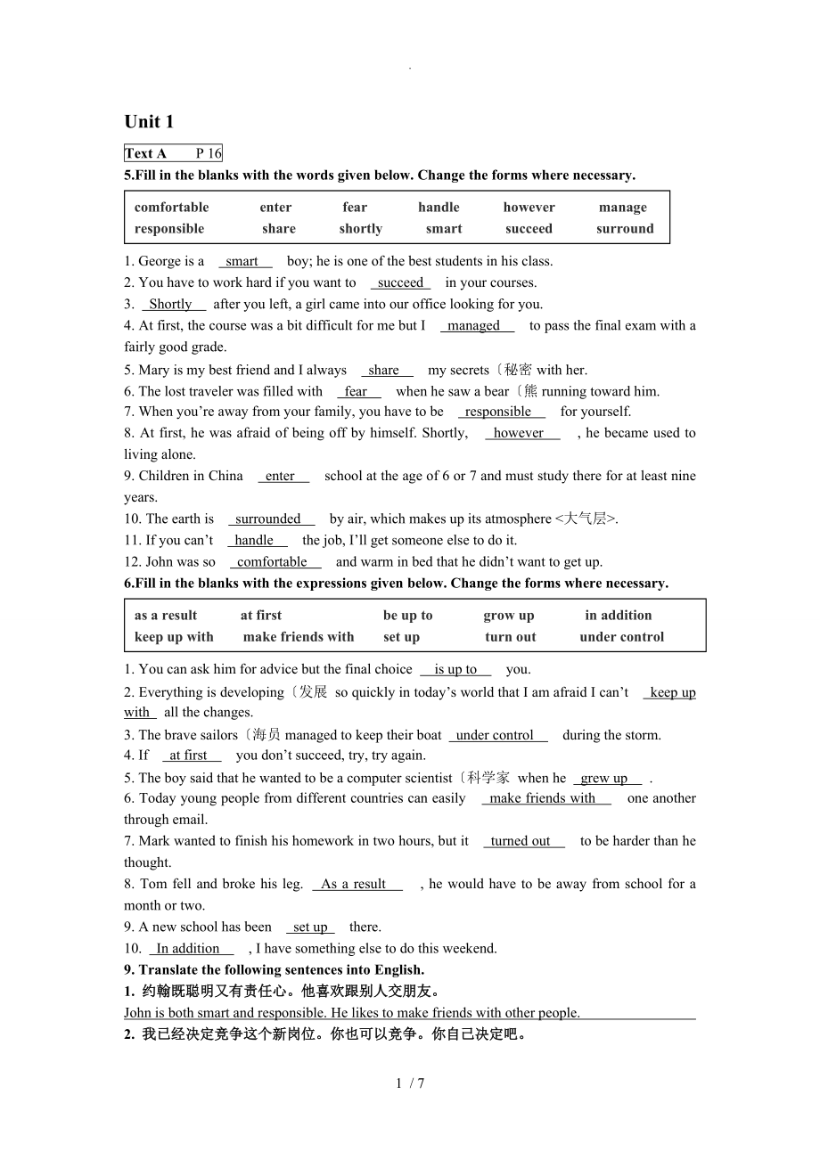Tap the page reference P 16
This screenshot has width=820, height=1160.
208,153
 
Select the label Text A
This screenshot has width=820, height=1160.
145,153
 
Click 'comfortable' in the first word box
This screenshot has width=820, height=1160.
171,208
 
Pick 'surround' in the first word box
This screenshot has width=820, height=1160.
625,229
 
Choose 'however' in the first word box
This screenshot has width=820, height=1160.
529,208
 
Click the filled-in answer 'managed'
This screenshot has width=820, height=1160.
474,326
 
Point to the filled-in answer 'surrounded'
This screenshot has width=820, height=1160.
268,519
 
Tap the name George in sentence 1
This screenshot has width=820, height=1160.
160,261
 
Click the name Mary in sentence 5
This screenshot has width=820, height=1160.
152,370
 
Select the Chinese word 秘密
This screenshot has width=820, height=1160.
518,370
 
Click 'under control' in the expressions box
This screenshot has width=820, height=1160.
621,637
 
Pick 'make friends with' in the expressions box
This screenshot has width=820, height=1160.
299,637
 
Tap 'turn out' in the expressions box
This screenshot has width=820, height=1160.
511,637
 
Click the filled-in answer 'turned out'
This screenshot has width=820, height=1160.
521,841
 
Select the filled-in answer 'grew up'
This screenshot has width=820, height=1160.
604,778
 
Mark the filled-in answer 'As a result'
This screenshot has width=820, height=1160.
353,884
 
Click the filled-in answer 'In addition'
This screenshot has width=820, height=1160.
188,948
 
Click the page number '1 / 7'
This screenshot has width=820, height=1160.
410,1083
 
